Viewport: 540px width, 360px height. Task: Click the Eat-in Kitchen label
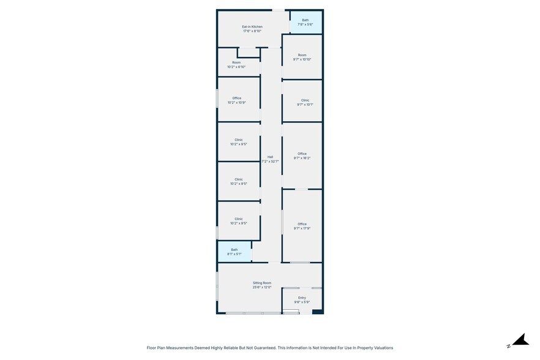(x=252, y=27)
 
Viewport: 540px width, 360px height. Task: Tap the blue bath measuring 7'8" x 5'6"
(x=305, y=22)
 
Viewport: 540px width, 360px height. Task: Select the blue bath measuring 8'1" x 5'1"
(x=234, y=252)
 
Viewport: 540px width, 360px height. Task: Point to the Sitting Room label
(x=262, y=283)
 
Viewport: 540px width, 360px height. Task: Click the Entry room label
(x=302, y=298)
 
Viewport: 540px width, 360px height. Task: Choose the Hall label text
(x=270, y=157)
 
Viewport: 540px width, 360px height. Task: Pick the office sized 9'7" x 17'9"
(x=302, y=226)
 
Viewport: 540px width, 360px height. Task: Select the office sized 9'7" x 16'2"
(x=302, y=156)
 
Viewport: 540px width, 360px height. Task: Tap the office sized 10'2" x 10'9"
(x=237, y=100)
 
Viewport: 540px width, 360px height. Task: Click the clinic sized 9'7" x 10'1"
(x=305, y=102)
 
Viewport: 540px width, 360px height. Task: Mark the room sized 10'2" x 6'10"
(x=236, y=64)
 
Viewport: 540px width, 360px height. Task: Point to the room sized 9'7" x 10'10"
(x=302, y=57)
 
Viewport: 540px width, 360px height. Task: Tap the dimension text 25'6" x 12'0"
(x=262, y=287)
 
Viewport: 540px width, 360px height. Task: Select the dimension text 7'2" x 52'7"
(x=270, y=162)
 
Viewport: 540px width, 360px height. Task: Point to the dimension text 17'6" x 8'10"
(x=252, y=31)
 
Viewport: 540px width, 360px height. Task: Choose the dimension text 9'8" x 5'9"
(x=302, y=302)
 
